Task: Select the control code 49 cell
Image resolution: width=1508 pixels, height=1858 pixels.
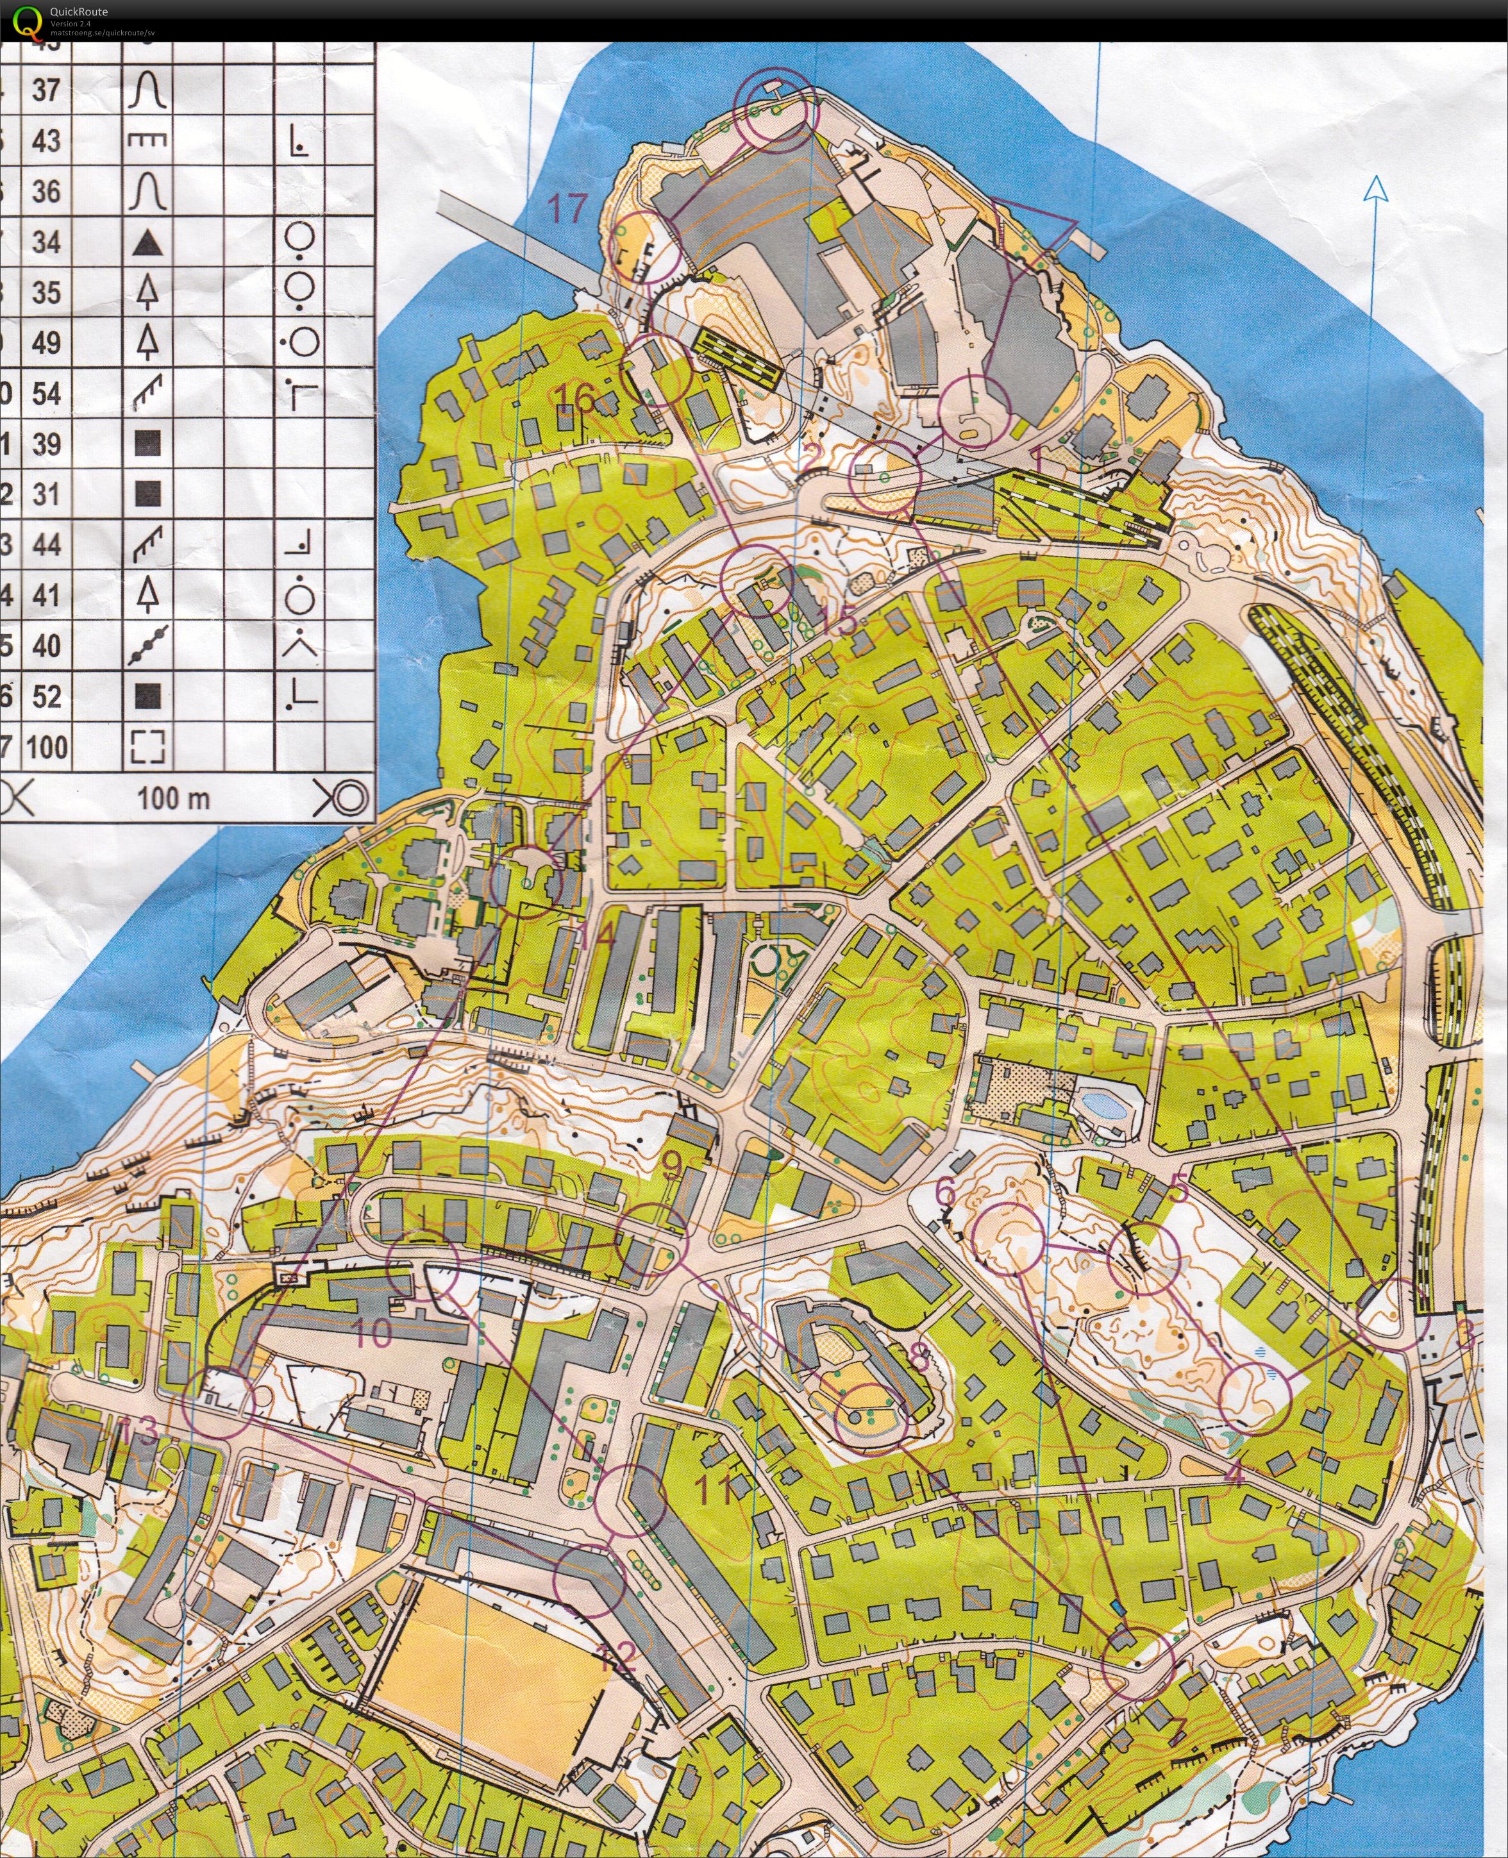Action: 46,342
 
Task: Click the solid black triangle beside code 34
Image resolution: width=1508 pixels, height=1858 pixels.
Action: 147,242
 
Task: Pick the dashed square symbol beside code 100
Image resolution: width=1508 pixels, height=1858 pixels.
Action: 147,746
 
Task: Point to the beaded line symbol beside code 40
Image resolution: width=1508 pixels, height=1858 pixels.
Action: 147,646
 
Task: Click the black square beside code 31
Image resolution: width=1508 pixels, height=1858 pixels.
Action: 147,494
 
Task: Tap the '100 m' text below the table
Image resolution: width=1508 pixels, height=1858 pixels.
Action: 174,798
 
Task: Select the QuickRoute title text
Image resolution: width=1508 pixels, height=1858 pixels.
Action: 79,12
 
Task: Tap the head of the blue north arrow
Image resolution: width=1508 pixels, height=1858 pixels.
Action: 1376,188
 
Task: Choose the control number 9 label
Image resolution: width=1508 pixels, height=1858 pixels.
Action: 671,1165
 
